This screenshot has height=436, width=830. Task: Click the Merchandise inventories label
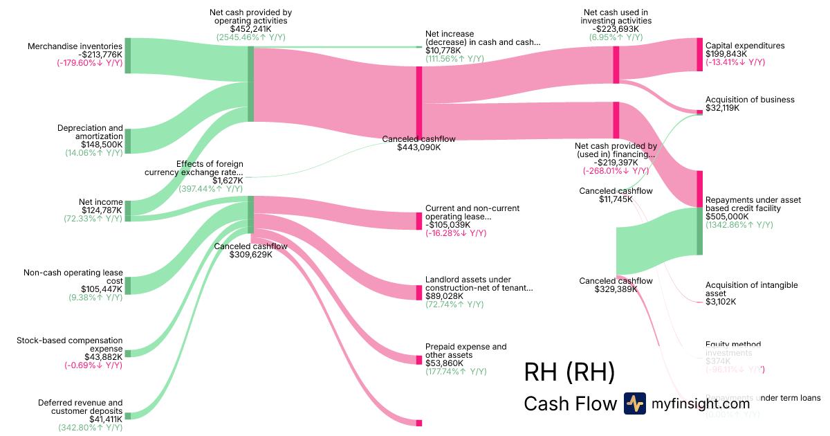coord(75,46)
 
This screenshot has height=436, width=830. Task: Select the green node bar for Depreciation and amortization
coord(127,140)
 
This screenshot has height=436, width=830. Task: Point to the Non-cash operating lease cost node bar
coord(127,286)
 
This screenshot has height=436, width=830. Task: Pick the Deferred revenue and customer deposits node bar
coord(127,415)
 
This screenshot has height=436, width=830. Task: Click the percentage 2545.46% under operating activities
coord(250,37)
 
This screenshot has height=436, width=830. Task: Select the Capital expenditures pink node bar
coord(699,55)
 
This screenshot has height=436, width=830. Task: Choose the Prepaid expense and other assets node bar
coord(418,360)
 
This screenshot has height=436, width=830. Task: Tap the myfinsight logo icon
coord(634,403)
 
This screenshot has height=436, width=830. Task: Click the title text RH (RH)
coord(569,372)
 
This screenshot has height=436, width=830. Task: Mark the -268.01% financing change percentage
coord(616,171)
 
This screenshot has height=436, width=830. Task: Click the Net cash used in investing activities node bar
coord(616,65)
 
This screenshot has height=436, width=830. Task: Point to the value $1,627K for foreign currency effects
coord(211,181)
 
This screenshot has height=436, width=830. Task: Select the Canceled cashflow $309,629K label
coord(250,250)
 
